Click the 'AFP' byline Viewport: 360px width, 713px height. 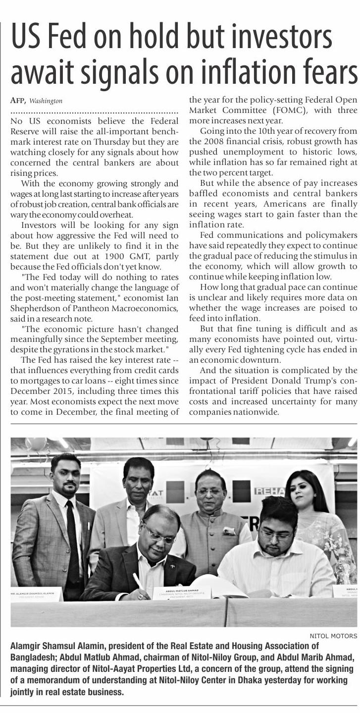[x=17, y=101]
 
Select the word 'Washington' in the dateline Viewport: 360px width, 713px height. [x=46, y=101]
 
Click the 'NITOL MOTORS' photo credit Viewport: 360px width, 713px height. [x=333, y=636]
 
